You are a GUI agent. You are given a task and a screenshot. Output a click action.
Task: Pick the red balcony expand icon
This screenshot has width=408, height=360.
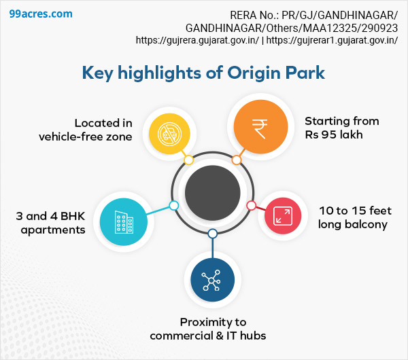(x=282, y=215)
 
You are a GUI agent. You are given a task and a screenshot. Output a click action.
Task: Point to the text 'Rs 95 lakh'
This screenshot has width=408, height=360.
(x=334, y=134)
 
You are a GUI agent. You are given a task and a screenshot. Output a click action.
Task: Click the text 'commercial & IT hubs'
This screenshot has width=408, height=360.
(x=208, y=335)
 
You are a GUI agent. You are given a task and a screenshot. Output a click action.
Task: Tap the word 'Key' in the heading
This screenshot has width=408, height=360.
(x=98, y=73)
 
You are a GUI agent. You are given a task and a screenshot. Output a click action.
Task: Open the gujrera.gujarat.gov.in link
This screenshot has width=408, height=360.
(x=197, y=40)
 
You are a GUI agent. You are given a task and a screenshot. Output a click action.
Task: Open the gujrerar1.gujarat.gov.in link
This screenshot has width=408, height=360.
(x=332, y=40)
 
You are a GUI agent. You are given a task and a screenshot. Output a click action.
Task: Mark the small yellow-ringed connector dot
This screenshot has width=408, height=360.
(x=189, y=160)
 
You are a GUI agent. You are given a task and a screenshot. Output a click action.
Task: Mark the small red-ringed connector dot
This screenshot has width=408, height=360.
(x=251, y=205)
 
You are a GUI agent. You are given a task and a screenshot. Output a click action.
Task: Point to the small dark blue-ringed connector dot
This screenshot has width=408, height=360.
(x=213, y=234)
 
